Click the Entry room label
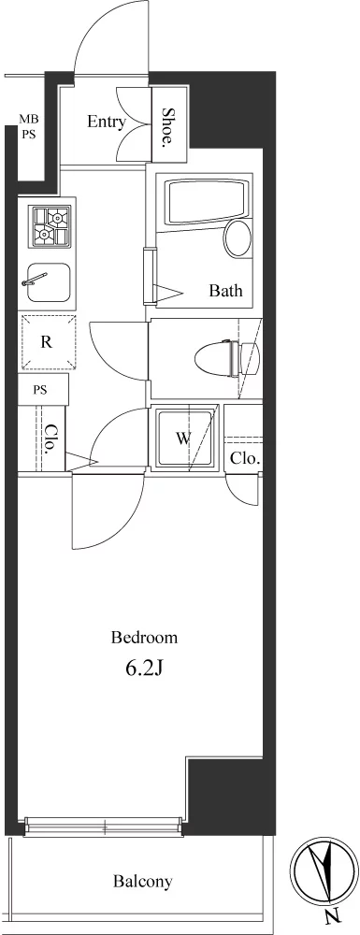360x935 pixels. tap(107, 122)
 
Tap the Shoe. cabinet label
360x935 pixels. tap(168, 126)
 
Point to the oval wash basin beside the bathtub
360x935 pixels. tap(237, 237)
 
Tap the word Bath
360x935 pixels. tap(226, 291)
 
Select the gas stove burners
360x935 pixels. tap(51, 225)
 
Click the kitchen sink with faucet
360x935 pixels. tap(47, 282)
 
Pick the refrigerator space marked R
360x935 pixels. tap(47, 342)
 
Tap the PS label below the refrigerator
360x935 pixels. tap(40, 391)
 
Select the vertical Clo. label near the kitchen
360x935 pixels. tap(51, 440)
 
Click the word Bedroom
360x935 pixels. tap(144, 638)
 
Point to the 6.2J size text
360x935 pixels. tap(144, 669)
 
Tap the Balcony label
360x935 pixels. tap(143, 881)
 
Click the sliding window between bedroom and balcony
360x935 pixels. tap(103, 827)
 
